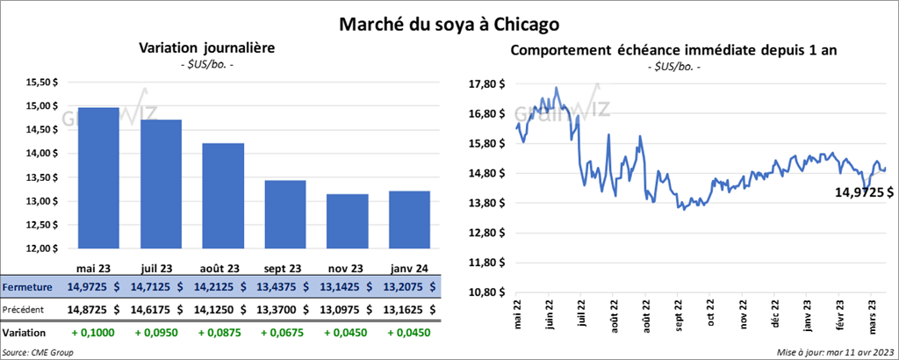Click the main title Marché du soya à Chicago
tap(449, 23)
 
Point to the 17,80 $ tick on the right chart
tap(488, 84)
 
